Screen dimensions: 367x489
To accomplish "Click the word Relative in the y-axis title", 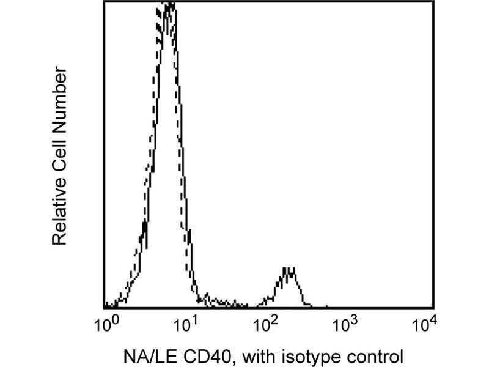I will pyautogui.click(x=59, y=217).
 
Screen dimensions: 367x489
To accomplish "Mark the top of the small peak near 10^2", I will pyautogui.click(x=289, y=269).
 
